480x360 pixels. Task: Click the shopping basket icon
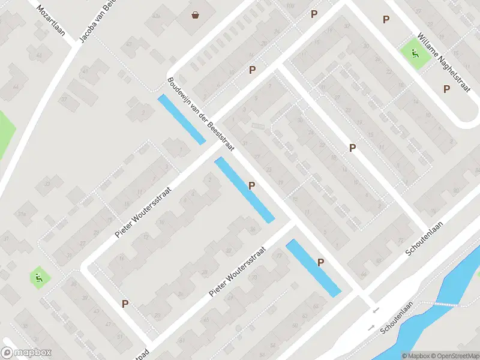pyautogui.click(x=196, y=14)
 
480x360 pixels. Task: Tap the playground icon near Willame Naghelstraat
pyautogui.click(x=415, y=54)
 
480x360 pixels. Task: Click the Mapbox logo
pyautogui.click(x=26, y=353)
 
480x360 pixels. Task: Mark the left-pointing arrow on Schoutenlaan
pyautogui.click(x=376, y=310)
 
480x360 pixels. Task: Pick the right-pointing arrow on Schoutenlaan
pyautogui.click(x=370, y=328)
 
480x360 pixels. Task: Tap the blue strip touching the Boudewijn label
pyautogui.click(x=181, y=119)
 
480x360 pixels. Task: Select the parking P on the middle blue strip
pyautogui.click(x=252, y=185)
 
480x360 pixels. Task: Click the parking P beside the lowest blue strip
pyautogui.click(x=321, y=262)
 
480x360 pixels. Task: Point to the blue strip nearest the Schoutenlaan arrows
pyautogui.click(x=313, y=268)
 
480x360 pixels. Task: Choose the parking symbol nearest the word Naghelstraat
pyautogui.click(x=446, y=89)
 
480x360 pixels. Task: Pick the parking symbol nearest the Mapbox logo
pyautogui.click(x=125, y=304)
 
